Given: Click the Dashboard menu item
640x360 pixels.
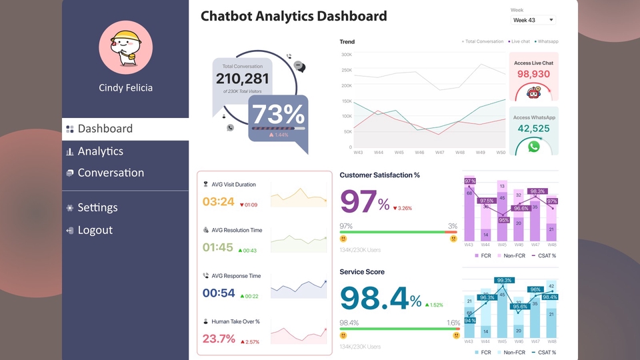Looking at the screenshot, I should click(105, 129).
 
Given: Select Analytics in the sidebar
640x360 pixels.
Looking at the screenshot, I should click(100, 151).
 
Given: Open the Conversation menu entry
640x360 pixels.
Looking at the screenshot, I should click(110, 173).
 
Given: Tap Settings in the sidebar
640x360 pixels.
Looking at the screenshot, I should click(97, 208).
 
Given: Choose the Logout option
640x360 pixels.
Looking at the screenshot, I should click(95, 230).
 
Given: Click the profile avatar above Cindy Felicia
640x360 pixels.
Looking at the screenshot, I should click(125, 47).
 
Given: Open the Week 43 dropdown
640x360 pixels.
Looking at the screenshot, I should click(533, 20).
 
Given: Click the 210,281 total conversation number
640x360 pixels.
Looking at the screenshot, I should click(243, 79).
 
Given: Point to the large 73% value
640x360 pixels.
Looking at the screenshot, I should click(278, 115).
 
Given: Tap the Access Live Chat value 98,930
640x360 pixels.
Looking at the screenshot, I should click(533, 74).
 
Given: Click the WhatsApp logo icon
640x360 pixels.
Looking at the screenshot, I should click(533, 146).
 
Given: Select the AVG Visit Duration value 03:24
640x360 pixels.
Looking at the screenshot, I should click(219, 201).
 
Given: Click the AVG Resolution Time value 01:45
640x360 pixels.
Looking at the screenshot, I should click(218, 247).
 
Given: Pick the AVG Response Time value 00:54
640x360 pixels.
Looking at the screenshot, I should click(219, 293).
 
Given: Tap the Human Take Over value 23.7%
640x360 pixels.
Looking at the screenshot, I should click(219, 339).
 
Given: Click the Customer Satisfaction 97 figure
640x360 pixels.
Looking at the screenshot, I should click(358, 201).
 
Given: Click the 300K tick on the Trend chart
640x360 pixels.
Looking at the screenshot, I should click(347, 55).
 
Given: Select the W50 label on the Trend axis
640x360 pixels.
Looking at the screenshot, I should click(501, 153).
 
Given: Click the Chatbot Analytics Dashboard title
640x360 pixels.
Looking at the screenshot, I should click(293, 16).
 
